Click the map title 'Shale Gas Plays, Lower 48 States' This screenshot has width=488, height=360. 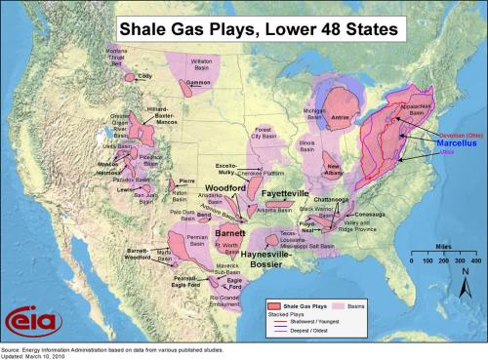pos(257,29)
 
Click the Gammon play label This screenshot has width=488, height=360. pos(199,84)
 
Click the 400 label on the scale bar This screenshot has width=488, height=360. pos(475,262)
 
